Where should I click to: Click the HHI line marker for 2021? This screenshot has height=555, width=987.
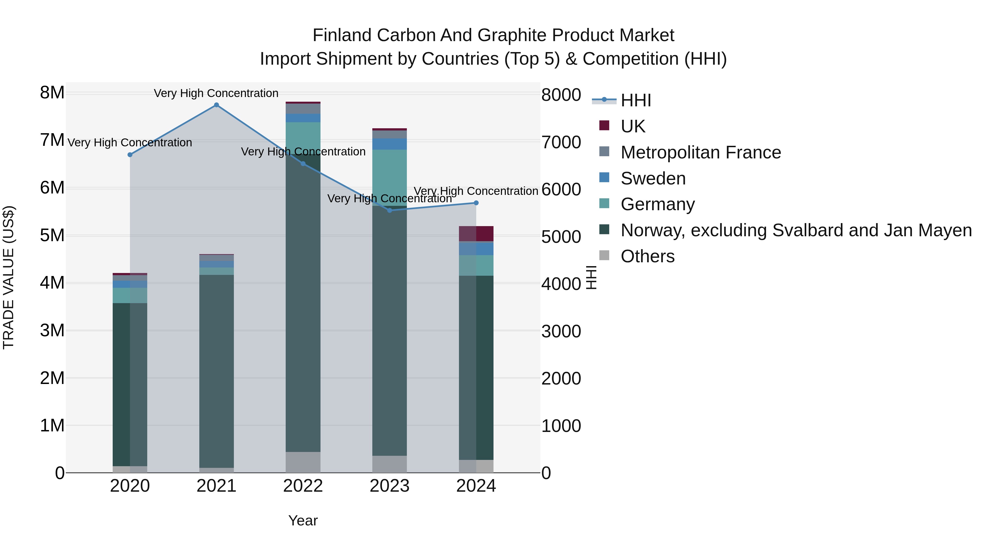point(217,105)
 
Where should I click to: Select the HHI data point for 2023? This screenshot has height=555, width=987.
point(390,210)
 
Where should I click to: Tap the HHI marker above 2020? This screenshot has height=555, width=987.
point(130,155)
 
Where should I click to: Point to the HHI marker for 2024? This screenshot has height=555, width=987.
point(476,203)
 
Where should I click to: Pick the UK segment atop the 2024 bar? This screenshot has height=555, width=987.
point(476,234)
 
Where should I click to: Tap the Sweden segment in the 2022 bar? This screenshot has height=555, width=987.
point(303,118)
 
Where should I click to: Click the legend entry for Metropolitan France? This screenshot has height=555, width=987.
point(700,152)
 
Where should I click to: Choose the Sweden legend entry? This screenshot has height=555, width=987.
point(653,178)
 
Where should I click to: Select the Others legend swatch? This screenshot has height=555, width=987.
point(604,255)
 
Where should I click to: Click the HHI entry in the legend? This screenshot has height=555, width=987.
point(635,100)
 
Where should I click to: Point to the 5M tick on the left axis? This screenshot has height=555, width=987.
point(52,235)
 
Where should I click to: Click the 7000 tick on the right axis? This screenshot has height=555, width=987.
point(561,142)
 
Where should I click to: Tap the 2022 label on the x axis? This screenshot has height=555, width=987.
point(303,486)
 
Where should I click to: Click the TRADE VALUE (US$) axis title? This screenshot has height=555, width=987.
point(8,277)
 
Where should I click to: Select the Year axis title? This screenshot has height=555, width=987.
point(303,520)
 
